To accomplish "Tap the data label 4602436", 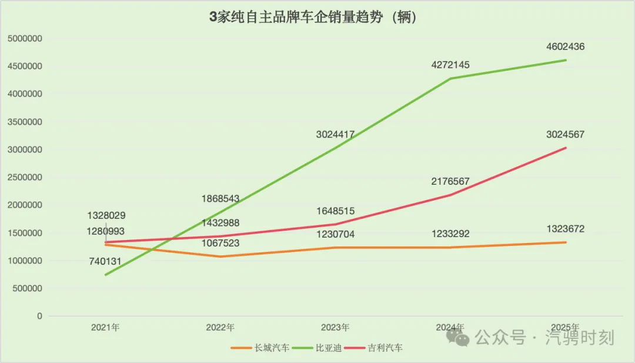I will [x=565, y=46].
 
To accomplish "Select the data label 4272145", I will [x=450, y=65].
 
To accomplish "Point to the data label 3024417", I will [x=335, y=135].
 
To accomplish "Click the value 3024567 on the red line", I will [x=565, y=134].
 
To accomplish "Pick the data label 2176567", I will [x=450, y=181].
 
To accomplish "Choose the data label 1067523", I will [x=220, y=242].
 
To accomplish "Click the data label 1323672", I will [x=565, y=229].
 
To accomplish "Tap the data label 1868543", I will [x=220, y=199].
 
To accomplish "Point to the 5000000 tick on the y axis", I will [x=24, y=39].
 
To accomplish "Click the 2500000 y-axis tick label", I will [x=24, y=178].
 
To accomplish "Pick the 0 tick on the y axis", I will [x=40, y=317].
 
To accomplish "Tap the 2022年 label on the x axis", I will [x=220, y=328].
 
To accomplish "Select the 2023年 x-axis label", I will [x=335, y=328].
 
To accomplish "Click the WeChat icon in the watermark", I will [x=458, y=337].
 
